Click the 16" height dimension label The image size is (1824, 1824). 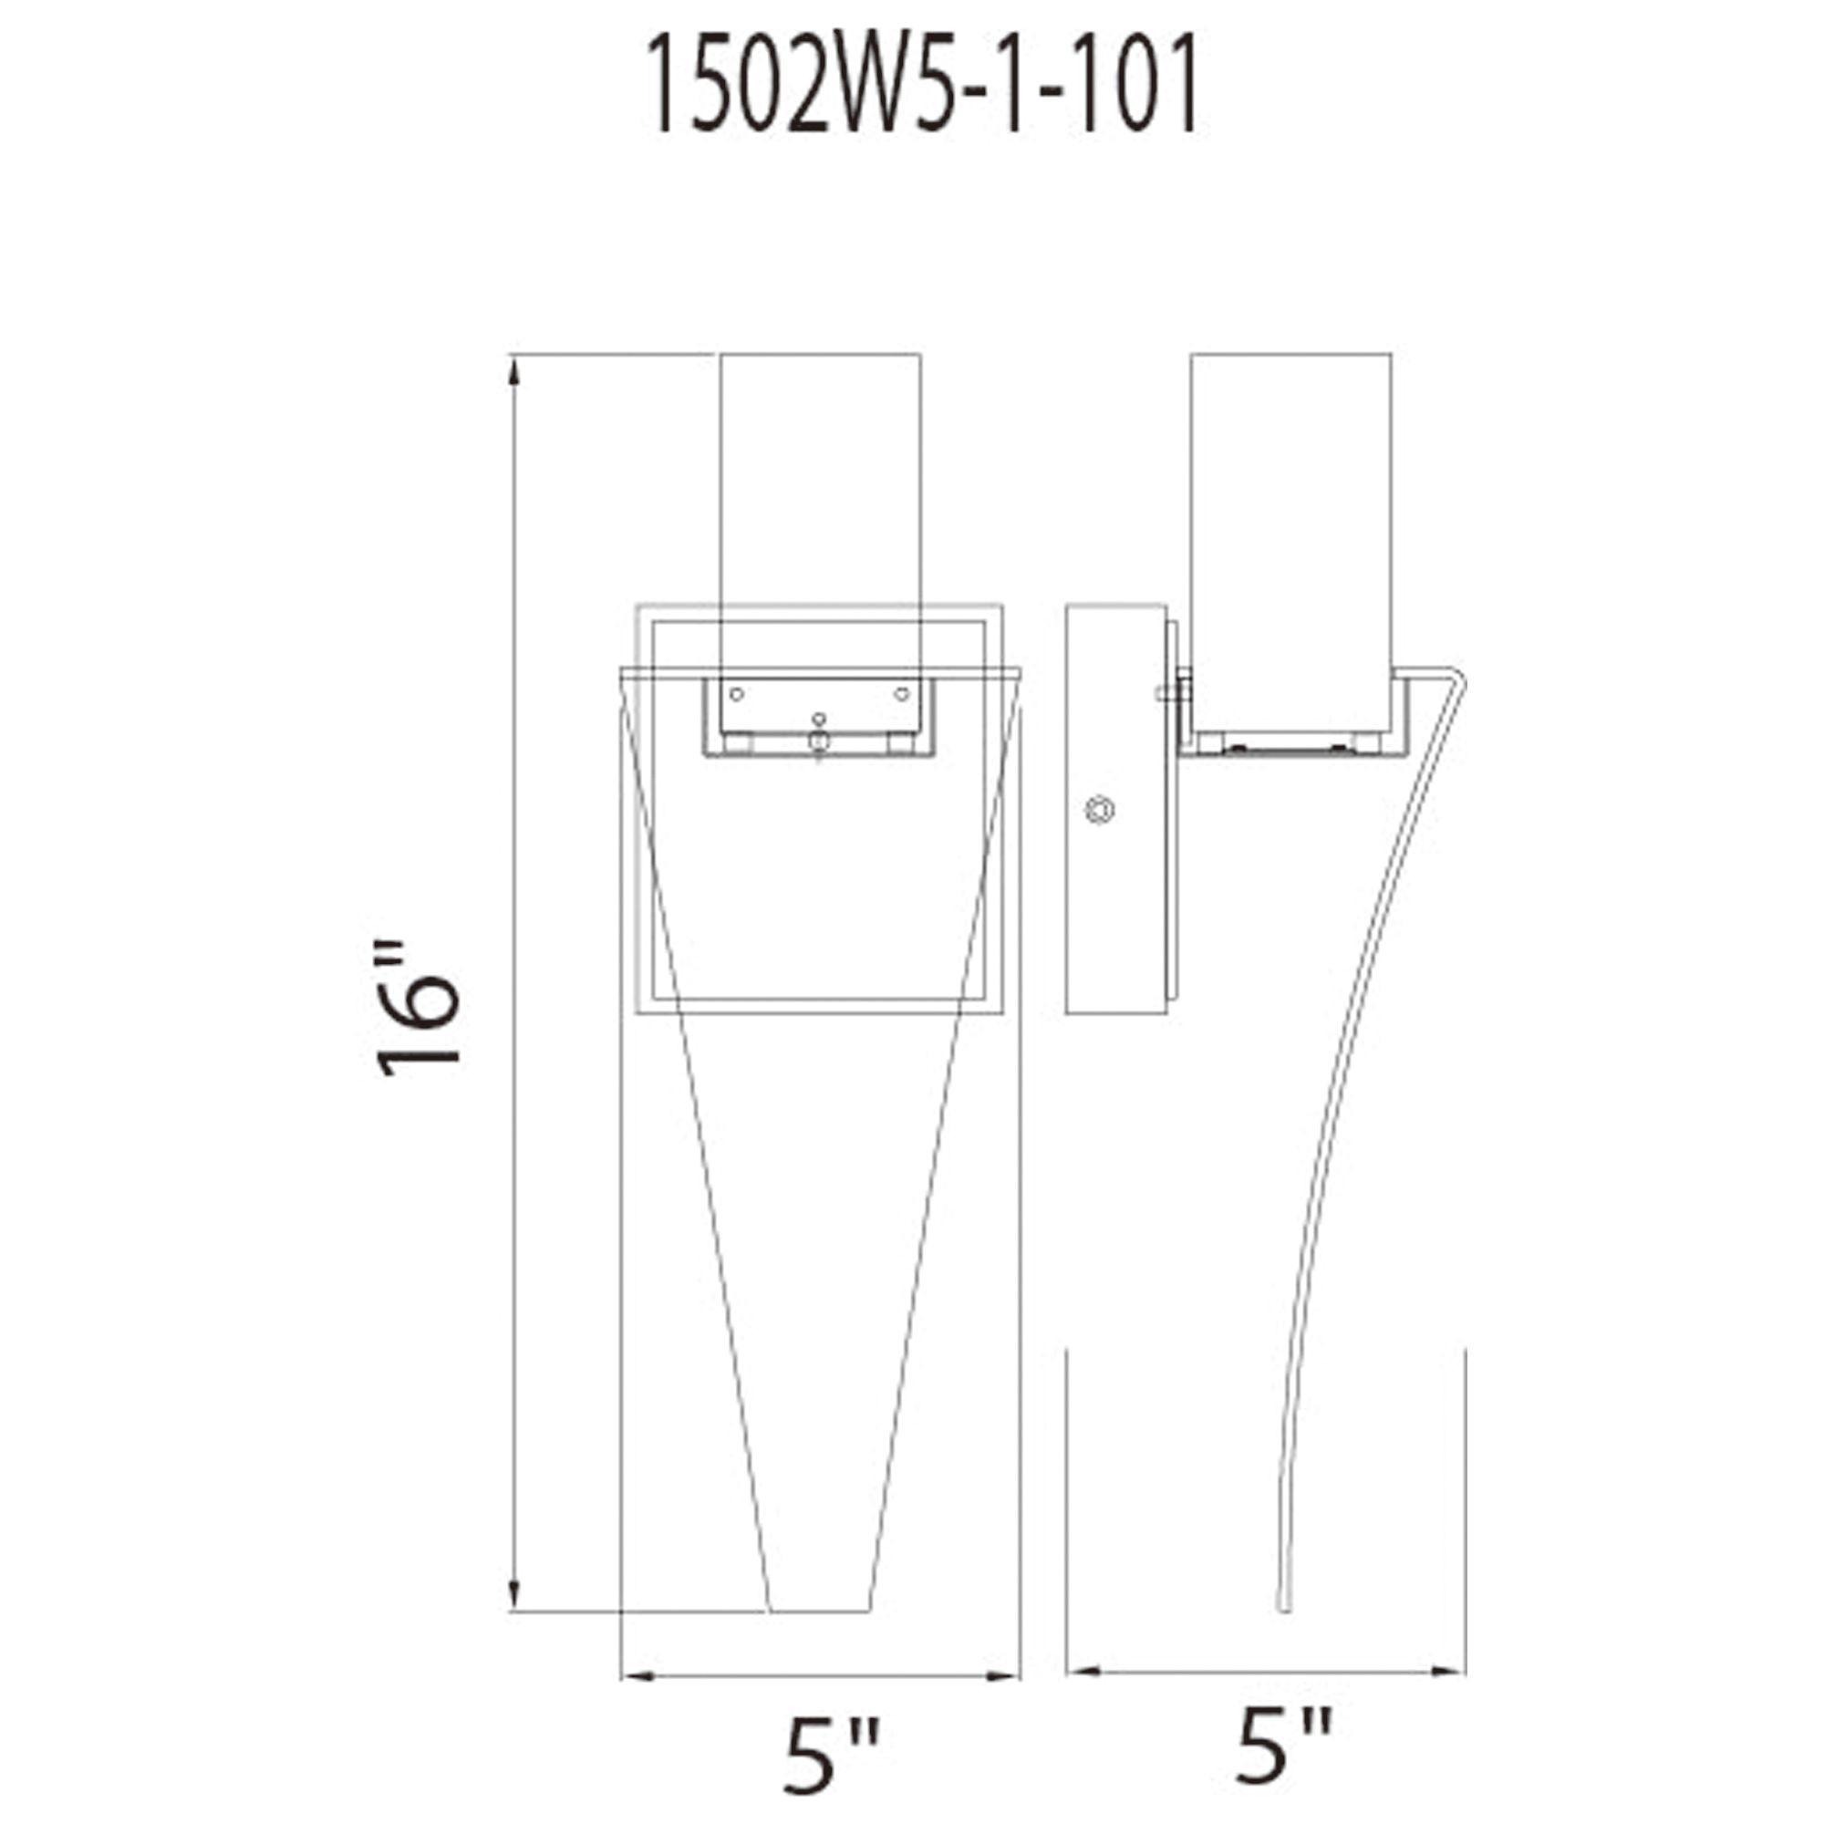(x=419, y=1008)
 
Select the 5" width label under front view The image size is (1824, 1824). (x=831, y=1755)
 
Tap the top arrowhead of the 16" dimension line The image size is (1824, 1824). (x=513, y=373)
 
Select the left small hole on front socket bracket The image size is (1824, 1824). (x=737, y=695)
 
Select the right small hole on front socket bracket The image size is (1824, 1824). (x=902, y=695)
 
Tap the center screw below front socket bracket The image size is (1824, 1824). (x=820, y=742)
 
